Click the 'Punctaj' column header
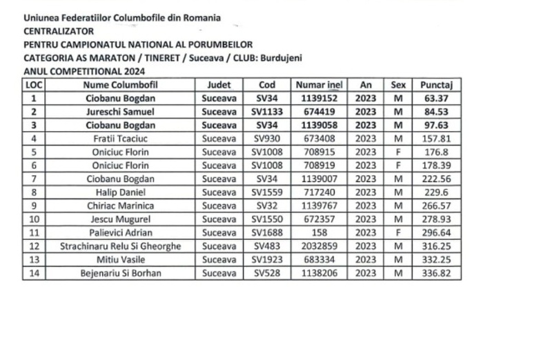pos(435,85)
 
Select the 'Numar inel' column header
pos(319,85)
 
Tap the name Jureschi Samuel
pos(120,112)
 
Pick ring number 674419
pos(319,112)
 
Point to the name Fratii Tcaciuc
pos(120,139)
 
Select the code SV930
pos(266,139)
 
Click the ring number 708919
pos(319,166)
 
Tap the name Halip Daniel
pos(120,192)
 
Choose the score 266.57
pos(436,206)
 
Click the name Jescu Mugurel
pos(120,219)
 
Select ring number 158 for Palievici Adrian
pos(319,233)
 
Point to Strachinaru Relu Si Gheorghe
pos(120,246)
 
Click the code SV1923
pos(266,260)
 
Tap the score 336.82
pos(436,274)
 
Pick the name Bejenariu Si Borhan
pos(120,274)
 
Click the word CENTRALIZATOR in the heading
pos(59,31)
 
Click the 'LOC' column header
pos(33,85)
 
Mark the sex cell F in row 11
pos(398,233)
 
